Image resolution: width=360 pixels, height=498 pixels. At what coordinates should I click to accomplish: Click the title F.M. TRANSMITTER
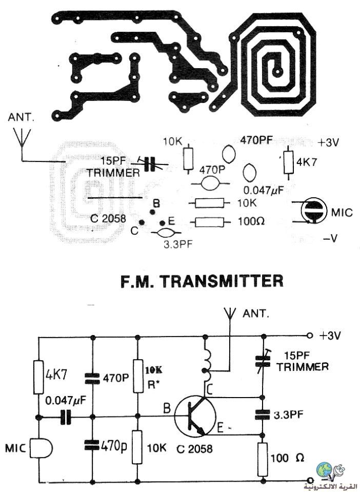point(202,281)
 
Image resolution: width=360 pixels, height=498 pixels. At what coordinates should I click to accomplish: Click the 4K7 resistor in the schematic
point(38,377)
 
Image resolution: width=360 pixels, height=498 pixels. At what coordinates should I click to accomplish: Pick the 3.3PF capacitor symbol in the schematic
point(263,414)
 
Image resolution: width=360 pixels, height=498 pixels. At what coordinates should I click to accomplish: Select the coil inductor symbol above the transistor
point(206,362)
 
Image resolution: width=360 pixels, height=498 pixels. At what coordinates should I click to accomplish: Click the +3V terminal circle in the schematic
point(309,336)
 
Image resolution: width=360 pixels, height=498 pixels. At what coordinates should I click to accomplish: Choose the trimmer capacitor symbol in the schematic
point(263,361)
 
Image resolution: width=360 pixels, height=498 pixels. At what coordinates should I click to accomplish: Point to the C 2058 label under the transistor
point(194,448)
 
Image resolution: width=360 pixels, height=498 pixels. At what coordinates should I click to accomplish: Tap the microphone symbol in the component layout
point(313,211)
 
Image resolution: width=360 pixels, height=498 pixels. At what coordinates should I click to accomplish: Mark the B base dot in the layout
point(152,212)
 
